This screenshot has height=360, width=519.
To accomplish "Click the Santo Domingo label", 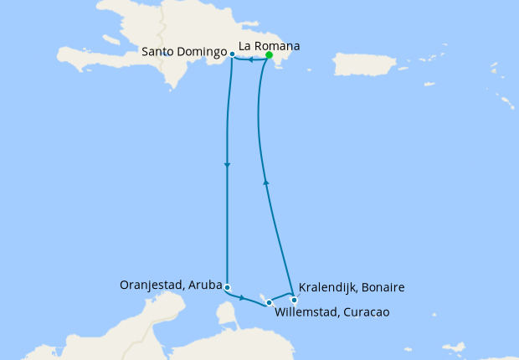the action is tap(184, 52).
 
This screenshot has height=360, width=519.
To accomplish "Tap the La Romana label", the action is tap(270, 45).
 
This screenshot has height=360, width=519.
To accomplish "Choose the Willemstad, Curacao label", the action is tap(332, 313).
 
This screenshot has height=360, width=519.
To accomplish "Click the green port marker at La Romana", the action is tap(269, 55).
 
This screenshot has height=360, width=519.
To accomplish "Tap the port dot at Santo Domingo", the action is tap(232, 54).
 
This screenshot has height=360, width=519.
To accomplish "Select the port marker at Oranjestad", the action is tap(227, 287).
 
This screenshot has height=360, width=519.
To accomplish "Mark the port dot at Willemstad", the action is tap(270, 302).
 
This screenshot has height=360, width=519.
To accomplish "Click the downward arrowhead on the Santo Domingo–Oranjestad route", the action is tap(227, 165).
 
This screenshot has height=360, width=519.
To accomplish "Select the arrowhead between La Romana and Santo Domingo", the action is tap(252, 59).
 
